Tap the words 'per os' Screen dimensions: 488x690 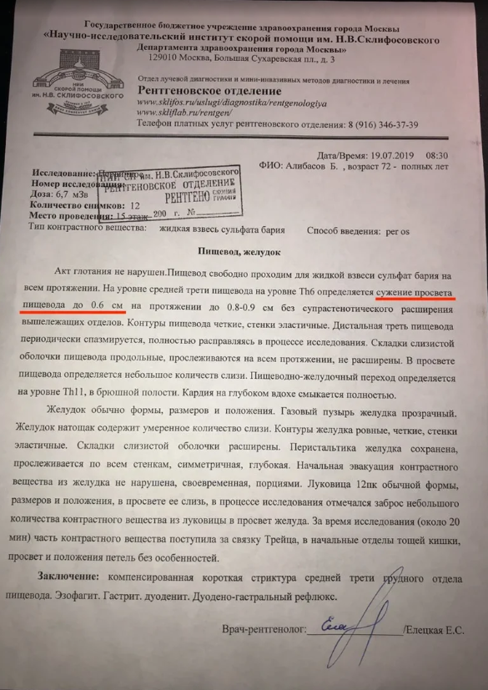[x=377, y=229]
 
